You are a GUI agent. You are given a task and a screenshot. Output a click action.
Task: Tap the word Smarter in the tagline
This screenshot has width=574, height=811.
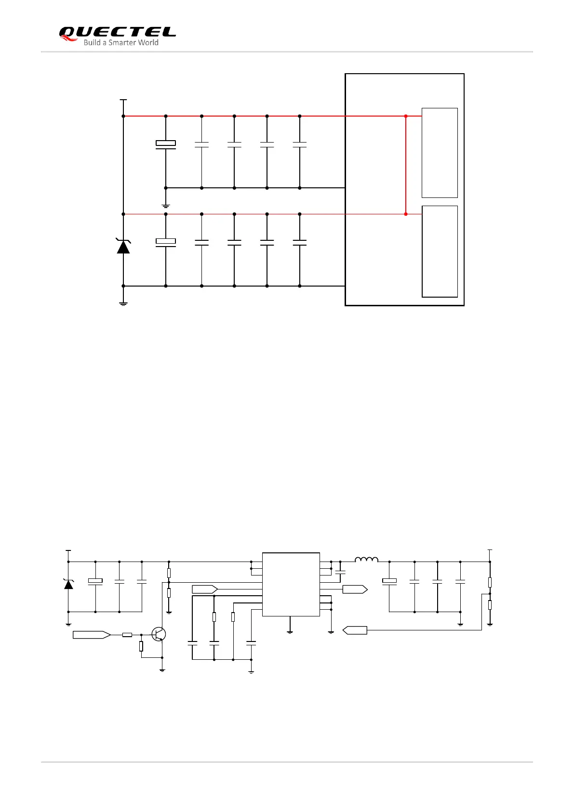point(122,43)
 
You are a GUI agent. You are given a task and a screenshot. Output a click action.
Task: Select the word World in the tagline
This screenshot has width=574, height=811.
point(148,43)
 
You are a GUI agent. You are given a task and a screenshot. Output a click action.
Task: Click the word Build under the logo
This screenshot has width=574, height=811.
point(92,43)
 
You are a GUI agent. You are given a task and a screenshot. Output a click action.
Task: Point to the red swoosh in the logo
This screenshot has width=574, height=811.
point(69,39)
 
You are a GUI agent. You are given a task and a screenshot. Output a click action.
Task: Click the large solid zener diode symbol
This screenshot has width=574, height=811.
point(123,246)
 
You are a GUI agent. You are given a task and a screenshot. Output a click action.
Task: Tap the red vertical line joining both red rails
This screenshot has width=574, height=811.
point(406,165)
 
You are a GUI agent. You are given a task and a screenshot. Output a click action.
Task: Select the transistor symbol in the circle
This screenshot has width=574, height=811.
point(159,634)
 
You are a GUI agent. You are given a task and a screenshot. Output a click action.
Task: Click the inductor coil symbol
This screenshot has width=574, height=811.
point(366,560)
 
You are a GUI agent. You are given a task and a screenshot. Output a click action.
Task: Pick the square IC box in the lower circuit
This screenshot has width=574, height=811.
point(291,584)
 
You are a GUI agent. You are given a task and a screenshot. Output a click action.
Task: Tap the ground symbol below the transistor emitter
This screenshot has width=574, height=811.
point(162,670)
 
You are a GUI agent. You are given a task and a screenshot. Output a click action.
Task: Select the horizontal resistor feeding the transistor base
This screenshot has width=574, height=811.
point(127,635)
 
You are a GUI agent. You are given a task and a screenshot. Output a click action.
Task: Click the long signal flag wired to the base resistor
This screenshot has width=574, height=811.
point(92,635)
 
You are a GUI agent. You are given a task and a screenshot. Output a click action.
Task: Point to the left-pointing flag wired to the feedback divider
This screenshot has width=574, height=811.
point(355,630)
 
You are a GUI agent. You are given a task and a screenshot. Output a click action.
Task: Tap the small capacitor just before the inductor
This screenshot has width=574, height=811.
point(340,572)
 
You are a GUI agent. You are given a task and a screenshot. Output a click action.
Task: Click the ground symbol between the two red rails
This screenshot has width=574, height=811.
point(166,206)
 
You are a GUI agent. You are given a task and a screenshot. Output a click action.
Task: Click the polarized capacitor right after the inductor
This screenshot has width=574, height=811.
point(389,581)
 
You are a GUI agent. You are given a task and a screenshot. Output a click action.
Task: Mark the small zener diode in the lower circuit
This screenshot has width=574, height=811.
point(68,584)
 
